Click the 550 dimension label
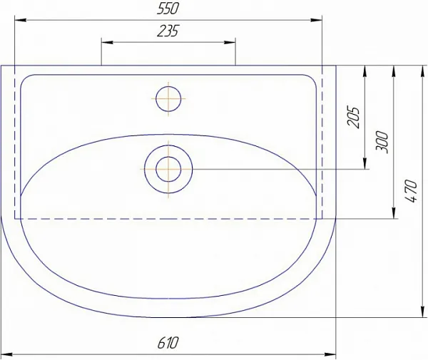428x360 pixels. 168,9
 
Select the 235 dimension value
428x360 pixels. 168,31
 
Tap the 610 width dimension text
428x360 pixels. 168,343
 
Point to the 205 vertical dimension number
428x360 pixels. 354,117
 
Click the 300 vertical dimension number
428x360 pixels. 382,142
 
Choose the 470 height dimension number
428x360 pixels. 411,190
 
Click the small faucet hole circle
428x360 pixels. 168,98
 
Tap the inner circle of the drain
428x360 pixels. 168,169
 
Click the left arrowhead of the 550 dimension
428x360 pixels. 21,20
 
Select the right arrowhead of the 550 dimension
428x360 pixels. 316,20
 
